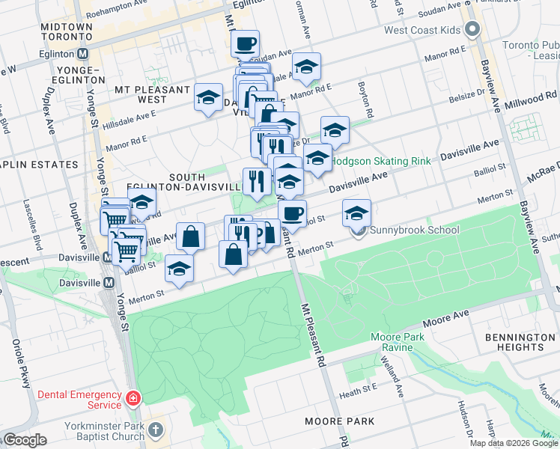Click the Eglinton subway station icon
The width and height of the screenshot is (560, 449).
click(x=82, y=54)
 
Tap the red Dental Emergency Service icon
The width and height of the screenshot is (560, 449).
click(x=133, y=397)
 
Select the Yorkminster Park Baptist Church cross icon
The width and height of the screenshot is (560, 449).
click(x=155, y=430)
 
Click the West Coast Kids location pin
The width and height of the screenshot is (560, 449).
click(x=472, y=30)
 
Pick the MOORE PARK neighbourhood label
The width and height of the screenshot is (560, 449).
click(x=339, y=422)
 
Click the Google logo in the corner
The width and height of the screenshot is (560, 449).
click(x=25, y=440)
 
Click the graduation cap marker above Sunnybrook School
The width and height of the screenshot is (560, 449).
click(x=357, y=212)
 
